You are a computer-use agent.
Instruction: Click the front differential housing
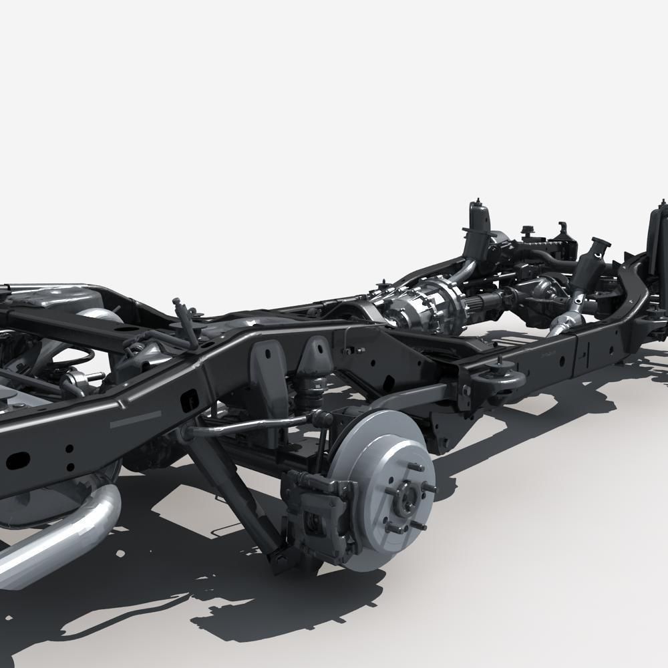pyautogui.click(x=544, y=291)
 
